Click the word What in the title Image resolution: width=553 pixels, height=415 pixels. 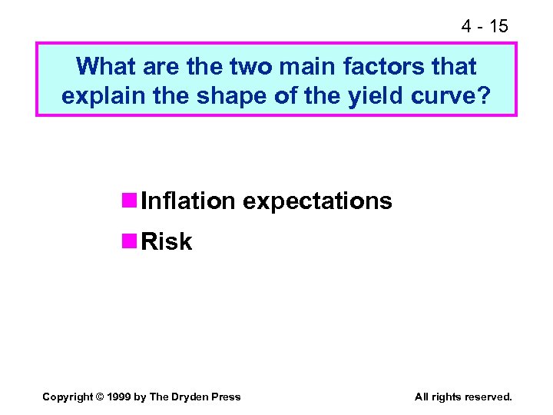(105, 67)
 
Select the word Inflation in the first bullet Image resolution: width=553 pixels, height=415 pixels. (188, 201)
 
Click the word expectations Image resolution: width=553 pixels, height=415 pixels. (317, 201)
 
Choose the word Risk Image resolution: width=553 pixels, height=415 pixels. (167, 242)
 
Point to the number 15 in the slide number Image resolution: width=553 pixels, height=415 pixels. (498, 26)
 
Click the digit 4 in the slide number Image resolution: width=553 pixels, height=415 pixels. (466, 26)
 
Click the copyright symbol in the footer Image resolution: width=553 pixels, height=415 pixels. (100, 397)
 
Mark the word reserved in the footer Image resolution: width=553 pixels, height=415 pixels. (485, 397)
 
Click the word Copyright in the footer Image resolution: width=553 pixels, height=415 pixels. (68, 397)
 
